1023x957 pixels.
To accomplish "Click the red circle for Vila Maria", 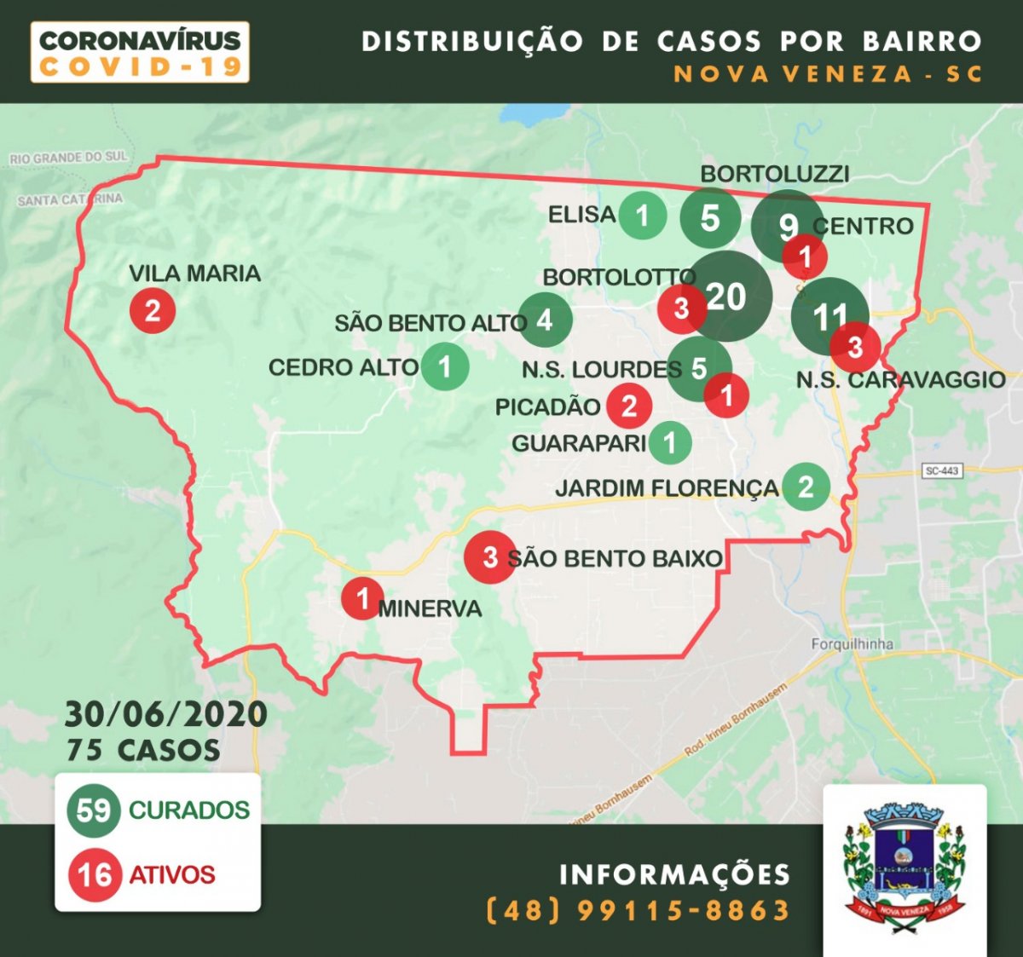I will pyautogui.click(x=153, y=310).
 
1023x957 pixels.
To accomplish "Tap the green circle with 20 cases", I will pyautogui.click(x=730, y=297).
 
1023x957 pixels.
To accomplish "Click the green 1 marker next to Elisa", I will pyautogui.click(x=643, y=216).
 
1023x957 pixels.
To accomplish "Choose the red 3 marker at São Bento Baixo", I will pyautogui.click(x=489, y=557).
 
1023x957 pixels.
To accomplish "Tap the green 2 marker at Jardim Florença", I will pyautogui.click(x=806, y=487).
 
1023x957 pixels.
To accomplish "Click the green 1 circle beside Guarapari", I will pyautogui.click(x=670, y=442).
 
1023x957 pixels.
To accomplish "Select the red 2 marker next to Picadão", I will pyautogui.click(x=629, y=406).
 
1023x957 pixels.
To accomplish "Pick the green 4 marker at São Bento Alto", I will pyautogui.click(x=545, y=320).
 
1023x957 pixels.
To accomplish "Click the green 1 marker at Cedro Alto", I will pyautogui.click(x=445, y=366).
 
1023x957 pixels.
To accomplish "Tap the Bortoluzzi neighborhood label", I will pyautogui.click(x=774, y=174).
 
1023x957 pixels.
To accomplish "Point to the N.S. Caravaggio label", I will pyautogui.click(x=900, y=380).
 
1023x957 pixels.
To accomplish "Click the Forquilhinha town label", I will pyautogui.click(x=852, y=644).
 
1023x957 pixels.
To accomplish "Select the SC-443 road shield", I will pyautogui.click(x=942, y=470).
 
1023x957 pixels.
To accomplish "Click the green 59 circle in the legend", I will pyautogui.click(x=94, y=810).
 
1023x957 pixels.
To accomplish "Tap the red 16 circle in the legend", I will pyautogui.click(x=94, y=874).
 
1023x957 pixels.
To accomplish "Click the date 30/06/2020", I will pyautogui.click(x=166, y=714).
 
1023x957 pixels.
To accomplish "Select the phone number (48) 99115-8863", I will pyautogui.click(x=638, y=910).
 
